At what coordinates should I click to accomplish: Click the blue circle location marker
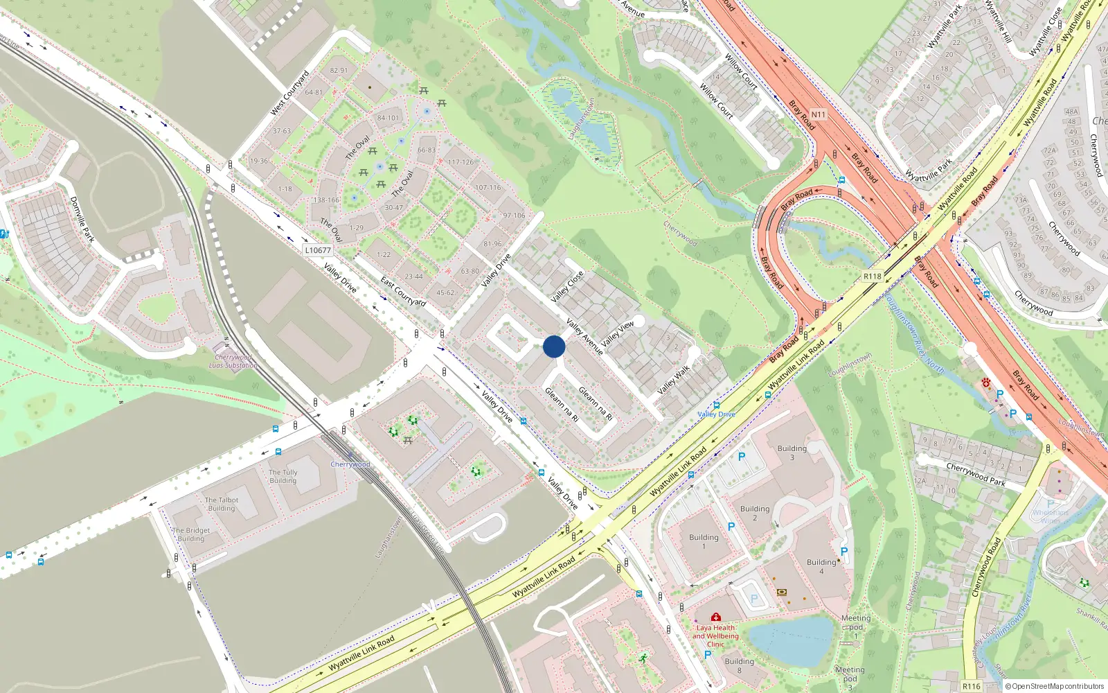pyautogui.click(x=554, y=346)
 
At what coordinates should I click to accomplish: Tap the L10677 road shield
pyautogui.click(x=318, y=250)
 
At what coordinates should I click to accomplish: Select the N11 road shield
pyautogui.click(x=818, y=115)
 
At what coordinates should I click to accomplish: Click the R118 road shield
pyautogui.click(x=873, y=277)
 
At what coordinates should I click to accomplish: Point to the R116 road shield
pyautogui.click(x=972, y=686)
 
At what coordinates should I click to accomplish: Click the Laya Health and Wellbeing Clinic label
pyautogui.click(x=715, y=635)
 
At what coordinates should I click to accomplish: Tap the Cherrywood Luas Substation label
pyautogui.click(x=233, y=362)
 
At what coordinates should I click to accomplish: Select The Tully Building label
pyautogui.click(x=283, y=476)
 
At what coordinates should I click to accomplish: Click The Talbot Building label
pyautogui.click(x=222, y=504)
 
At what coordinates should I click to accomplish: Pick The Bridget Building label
pyautogui.click(x=191, y=534)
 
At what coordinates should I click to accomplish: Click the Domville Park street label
pyautogui.click(x=82, y=219)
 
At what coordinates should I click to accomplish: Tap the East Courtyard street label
pyautogui.click(x=403, y=292)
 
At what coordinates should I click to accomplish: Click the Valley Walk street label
pyautogui.click(x=674, y=380)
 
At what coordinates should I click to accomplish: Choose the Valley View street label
pyautogui.click(x=618, y=334)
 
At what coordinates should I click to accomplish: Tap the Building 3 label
pyautogui.click(x=792, y=453)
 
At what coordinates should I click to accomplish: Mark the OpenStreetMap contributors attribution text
pyautogui.click(x=1054, y=686)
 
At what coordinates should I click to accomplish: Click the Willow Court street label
pyautogui.click(x=741, y=71)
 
